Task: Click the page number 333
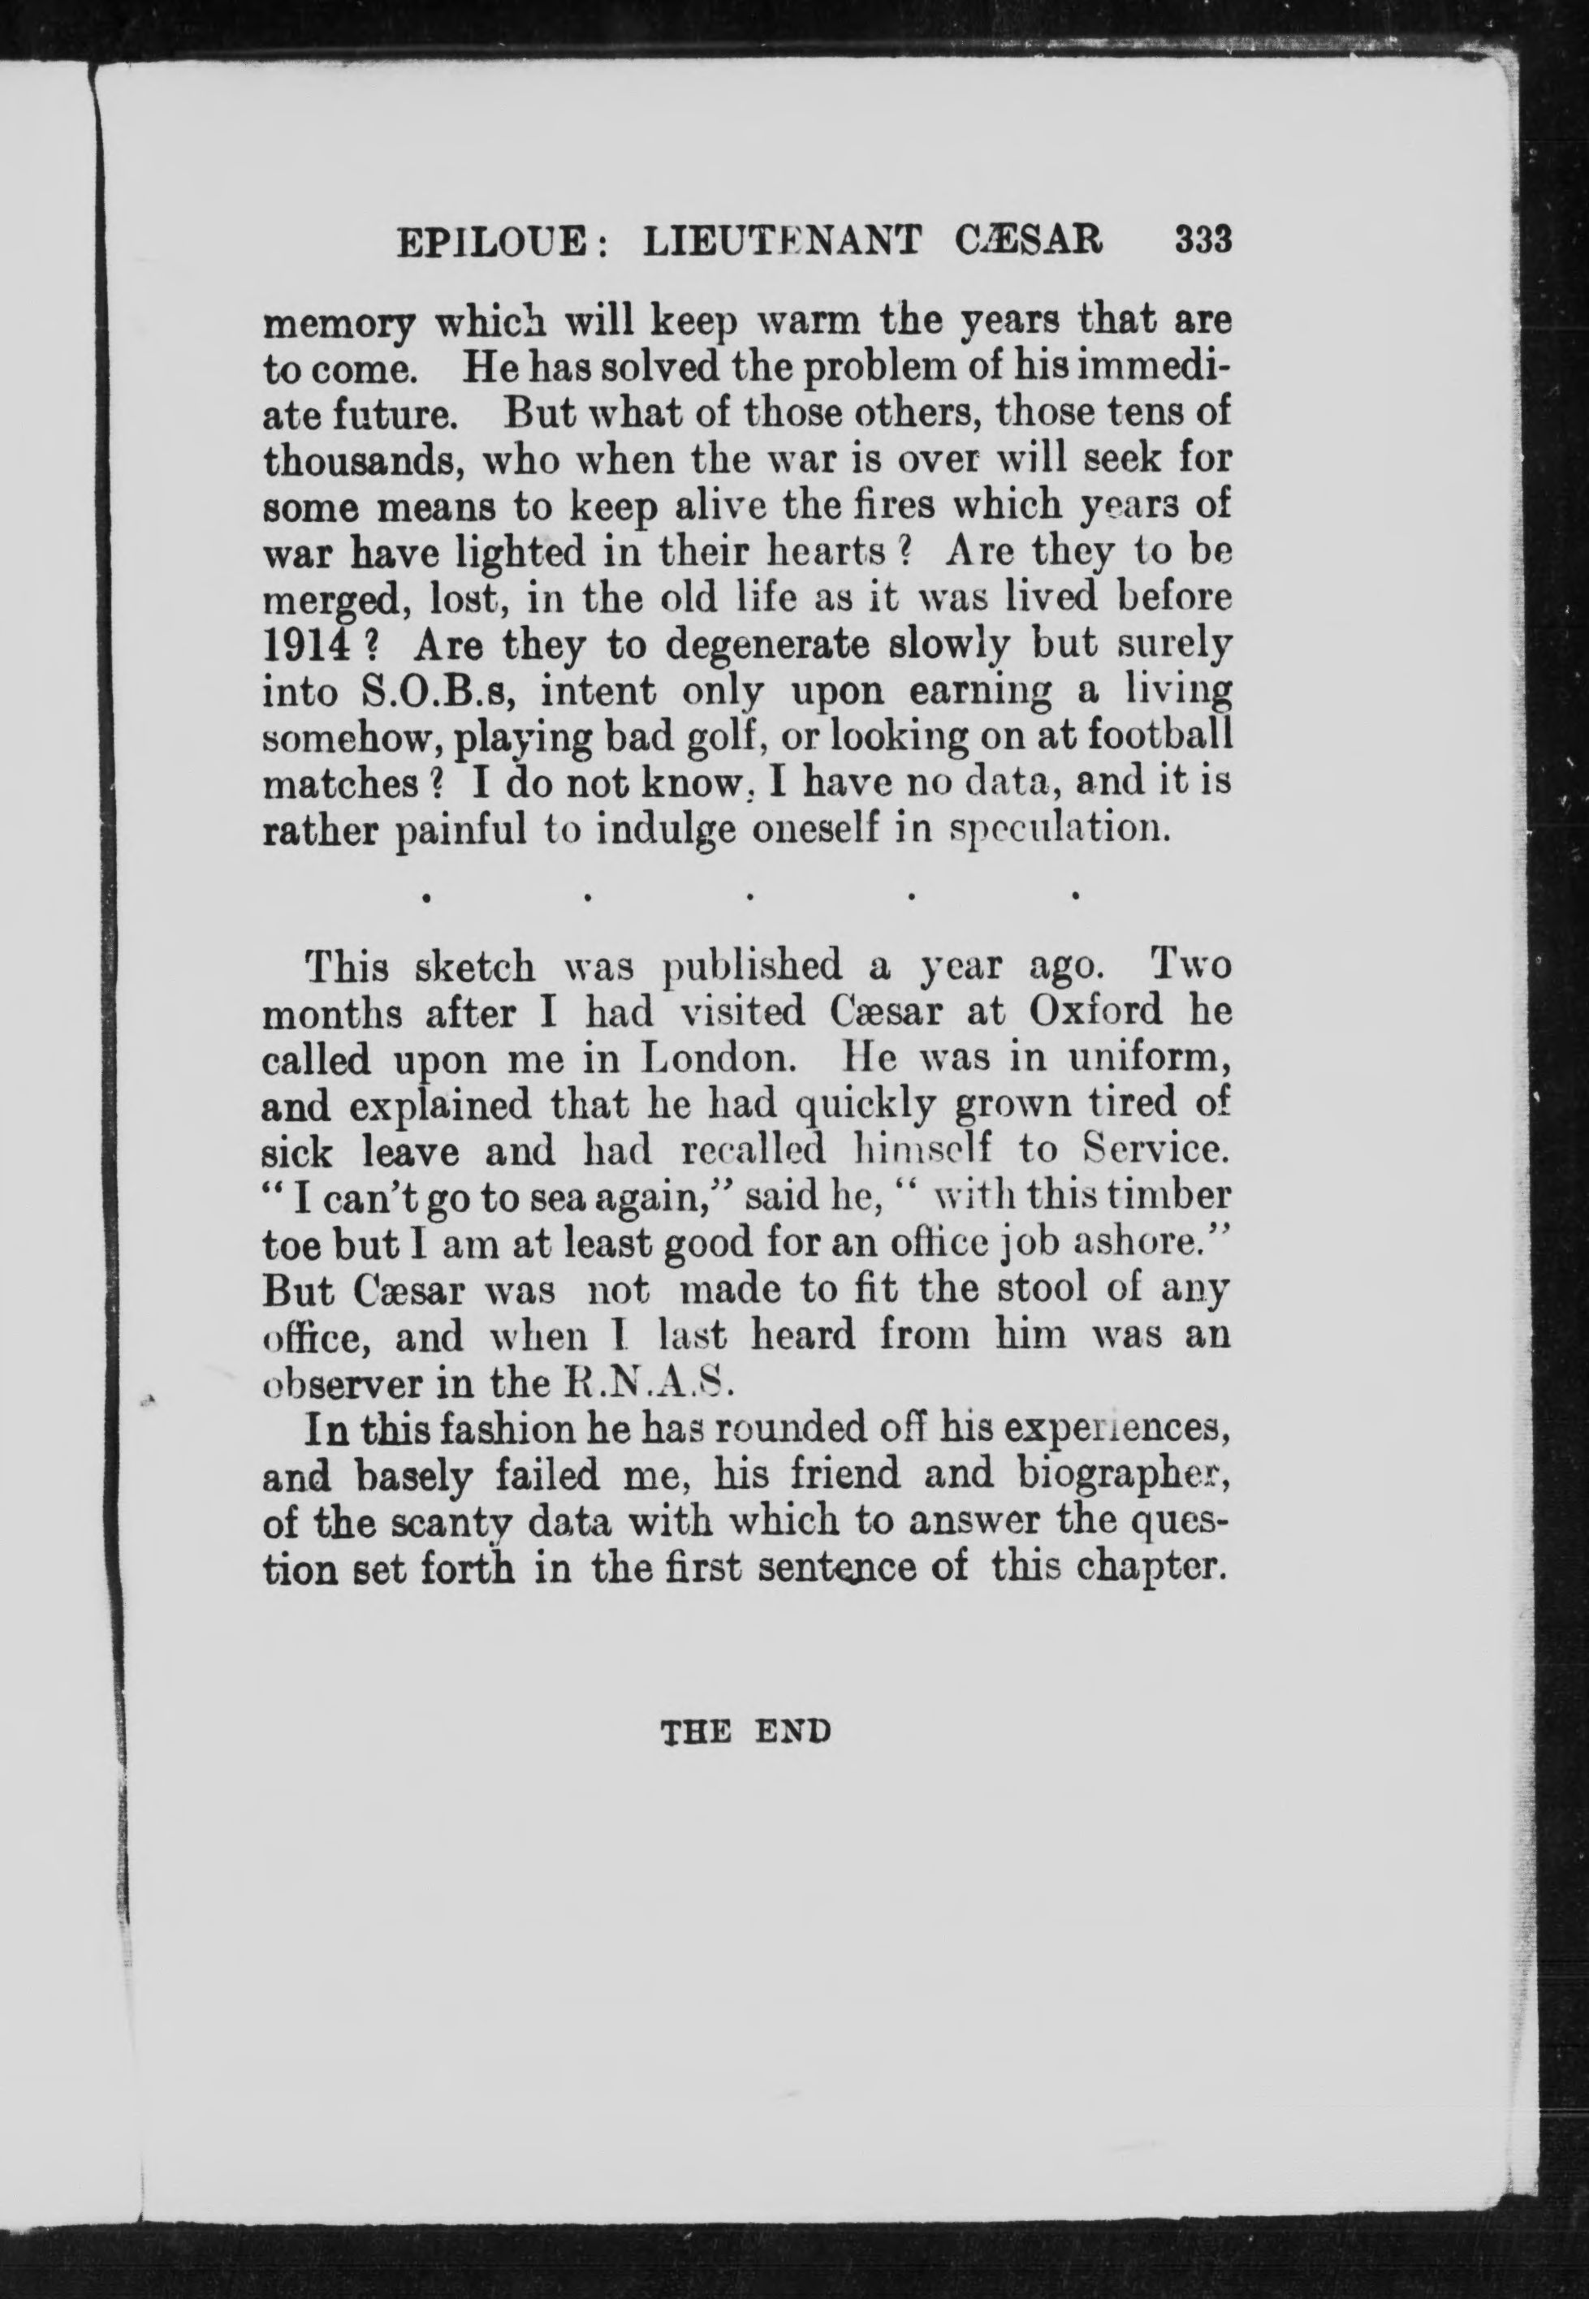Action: tap(1203, 242)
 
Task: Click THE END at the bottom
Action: tap(745, 1732)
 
